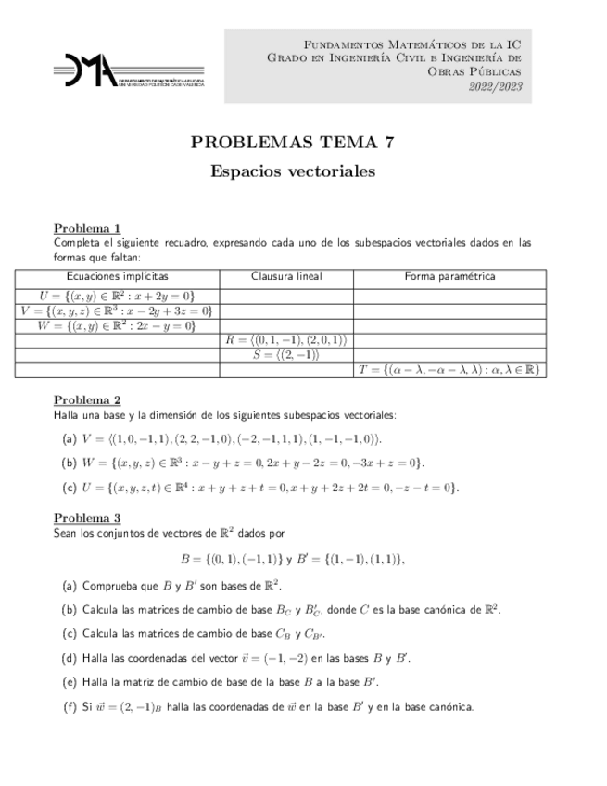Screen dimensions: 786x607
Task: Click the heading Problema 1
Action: (87, 228)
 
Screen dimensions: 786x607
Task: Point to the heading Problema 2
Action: (87, 399)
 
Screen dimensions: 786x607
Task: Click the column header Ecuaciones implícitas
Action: (117, 276)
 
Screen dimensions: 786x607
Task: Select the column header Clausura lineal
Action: (285, 276)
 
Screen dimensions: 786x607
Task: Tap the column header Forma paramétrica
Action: (449, 276)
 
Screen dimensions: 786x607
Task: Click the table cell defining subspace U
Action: (117, 295)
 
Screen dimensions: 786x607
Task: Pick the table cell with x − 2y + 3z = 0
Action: (117, 311)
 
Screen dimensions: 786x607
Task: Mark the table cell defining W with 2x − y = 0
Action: (117, 325)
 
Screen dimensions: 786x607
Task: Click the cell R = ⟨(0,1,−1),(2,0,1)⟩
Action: (285, 340)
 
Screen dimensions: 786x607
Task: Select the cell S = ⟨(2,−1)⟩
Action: (285, 355)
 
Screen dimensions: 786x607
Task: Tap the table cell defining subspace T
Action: (449, 370)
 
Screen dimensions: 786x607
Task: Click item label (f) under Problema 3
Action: (69, 707)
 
